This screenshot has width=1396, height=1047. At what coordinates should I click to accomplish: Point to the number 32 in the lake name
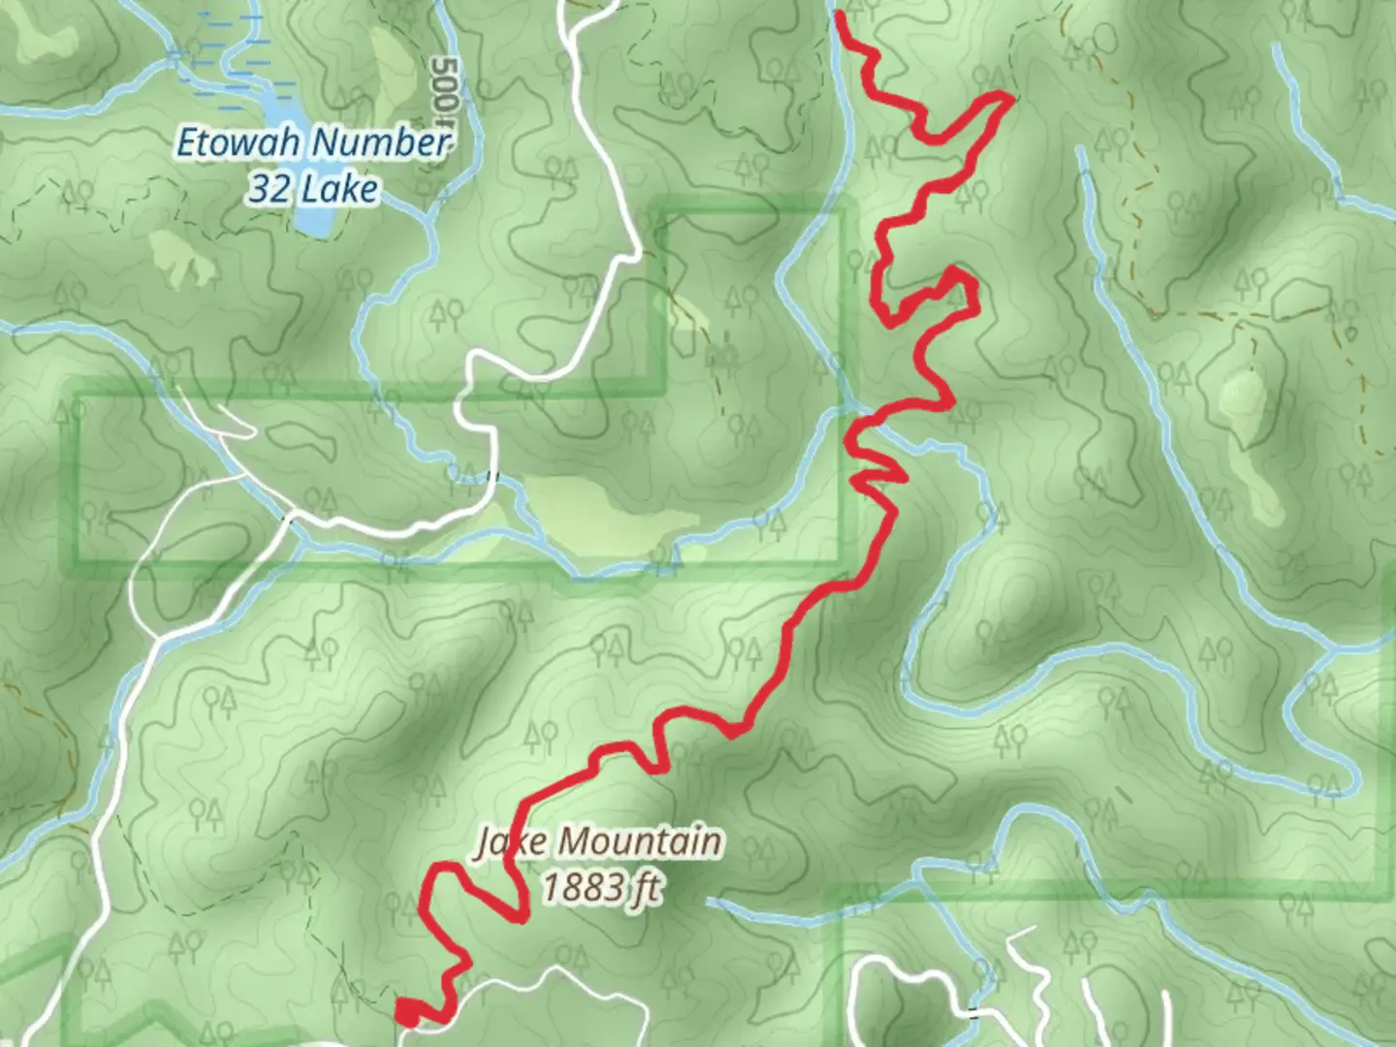click(x=268, y=187)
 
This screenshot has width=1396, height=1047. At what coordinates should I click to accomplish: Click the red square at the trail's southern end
click(x=407, y=1013)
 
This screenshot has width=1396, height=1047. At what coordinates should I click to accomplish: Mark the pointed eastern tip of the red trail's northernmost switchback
click(x=1010, y=96)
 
